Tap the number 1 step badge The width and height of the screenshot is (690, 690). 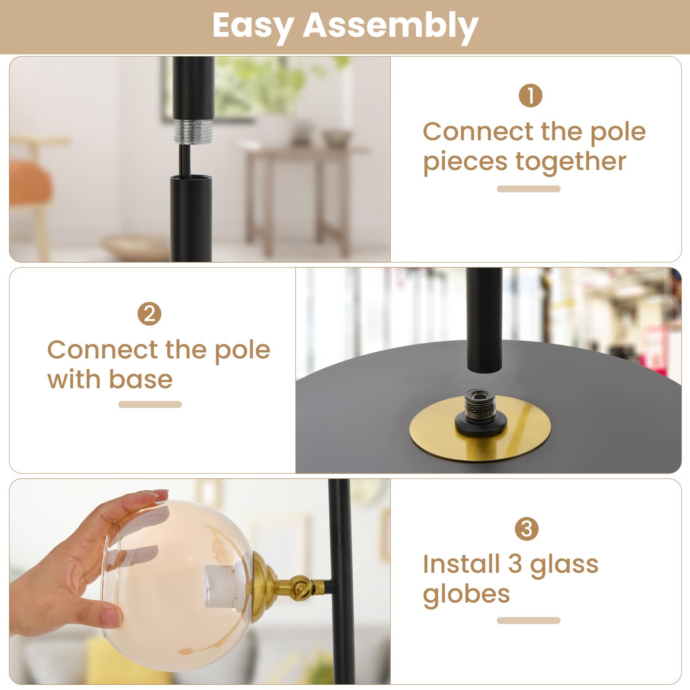[x=530, y=95]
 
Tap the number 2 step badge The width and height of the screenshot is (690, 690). [x=149, y=314]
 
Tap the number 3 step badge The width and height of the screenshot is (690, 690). [x=527, y=529]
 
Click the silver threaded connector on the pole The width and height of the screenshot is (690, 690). [x=194, y=131]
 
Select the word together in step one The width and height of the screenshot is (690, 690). [x=571, y=162]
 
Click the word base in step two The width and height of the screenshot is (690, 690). [x=141, y=379]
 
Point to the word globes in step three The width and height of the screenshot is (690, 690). [x=466, y=594]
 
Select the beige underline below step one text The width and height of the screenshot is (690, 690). [x=528, y=189]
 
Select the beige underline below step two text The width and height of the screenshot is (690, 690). [x=150, y=405]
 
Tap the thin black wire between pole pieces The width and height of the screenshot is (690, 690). [x=185, y=160]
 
